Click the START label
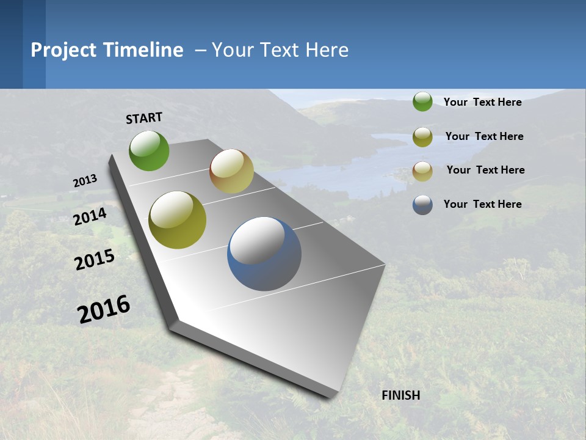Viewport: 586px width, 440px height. [144, 118]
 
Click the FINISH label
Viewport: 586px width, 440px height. [400, 395]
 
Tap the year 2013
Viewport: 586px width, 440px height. [85, 181]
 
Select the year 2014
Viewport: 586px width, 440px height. [90, 216]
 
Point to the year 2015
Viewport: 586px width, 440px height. [94, 260]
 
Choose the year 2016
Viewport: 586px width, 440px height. [104, 309]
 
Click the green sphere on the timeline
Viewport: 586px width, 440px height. [149, 151]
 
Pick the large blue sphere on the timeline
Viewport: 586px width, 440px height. [264, 254]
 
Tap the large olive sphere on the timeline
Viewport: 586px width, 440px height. [177, 220]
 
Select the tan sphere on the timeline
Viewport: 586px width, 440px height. [231, 171]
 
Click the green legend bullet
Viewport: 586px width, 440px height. [422, 102]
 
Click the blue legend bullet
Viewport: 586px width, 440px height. [422, 205]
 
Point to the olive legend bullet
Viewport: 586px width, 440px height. [422, 137]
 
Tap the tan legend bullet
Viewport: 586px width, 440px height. [422, 171]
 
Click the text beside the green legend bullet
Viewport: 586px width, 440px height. [482, 102]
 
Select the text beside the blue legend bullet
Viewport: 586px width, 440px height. [482, 204]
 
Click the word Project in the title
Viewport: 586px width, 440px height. [63, 50]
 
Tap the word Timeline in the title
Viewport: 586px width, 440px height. [143, 50]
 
